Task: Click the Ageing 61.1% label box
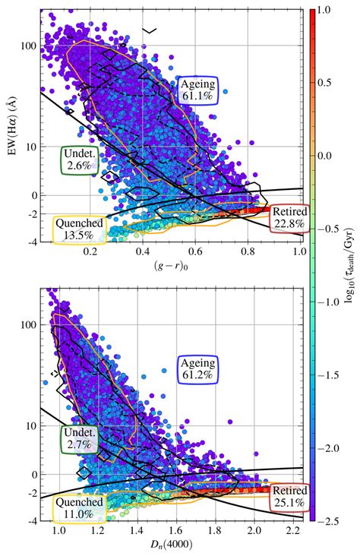[x=200, y=90]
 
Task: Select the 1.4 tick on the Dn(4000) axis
[x=137, y=532]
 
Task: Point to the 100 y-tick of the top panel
[x=29, y=46]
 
